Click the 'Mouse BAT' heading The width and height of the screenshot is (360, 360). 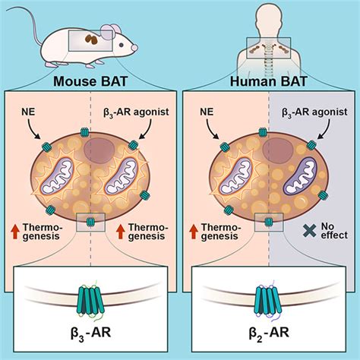point(90,81)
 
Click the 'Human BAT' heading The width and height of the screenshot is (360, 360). point(270,81)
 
